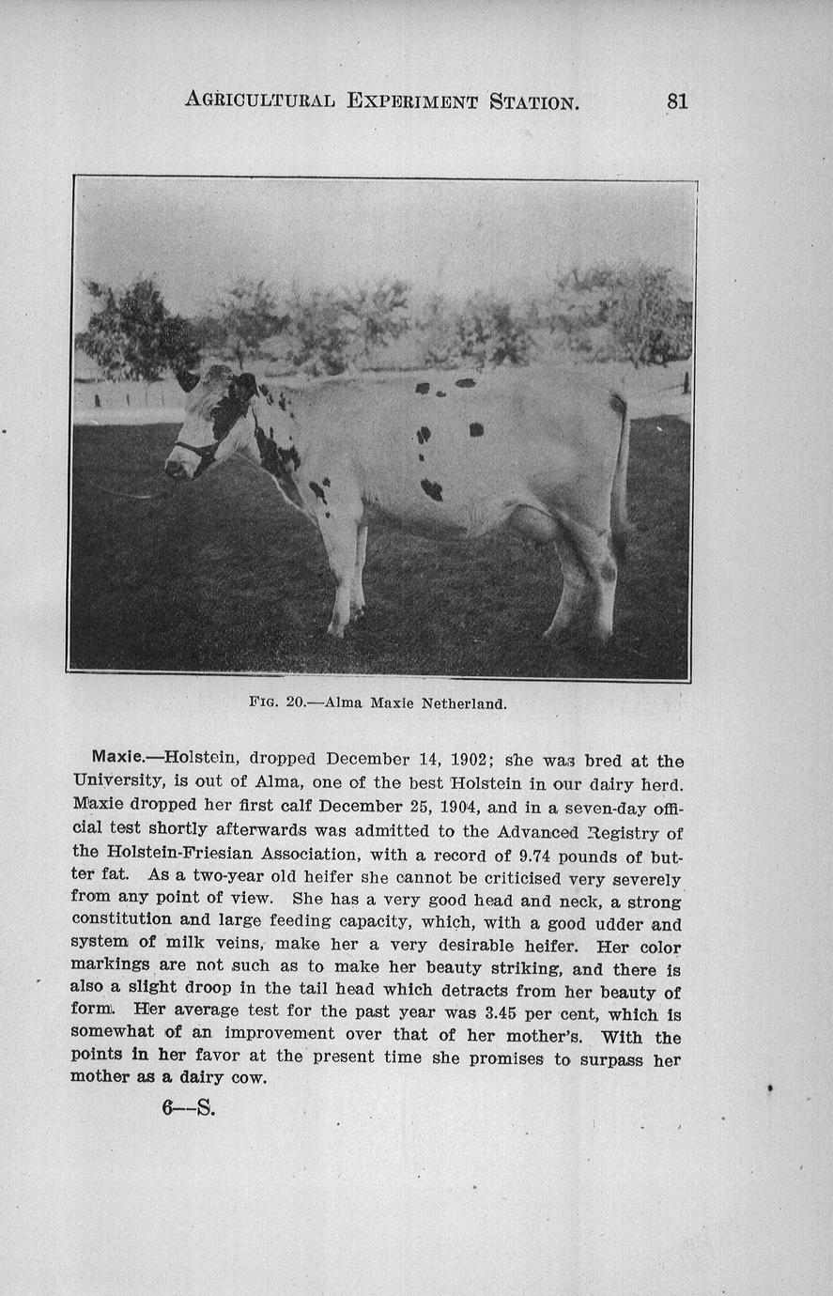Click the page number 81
[x=677, y=100]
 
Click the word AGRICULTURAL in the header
[x=259, y=100]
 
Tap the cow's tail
[x=620, y=479]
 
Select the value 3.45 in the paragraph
[x=507, y=1014]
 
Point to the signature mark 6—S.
[x=188, y=1108]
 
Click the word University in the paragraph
[x=118, y=780]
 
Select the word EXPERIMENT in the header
[x=412, y=100]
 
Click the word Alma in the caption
[x=344, y=702]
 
